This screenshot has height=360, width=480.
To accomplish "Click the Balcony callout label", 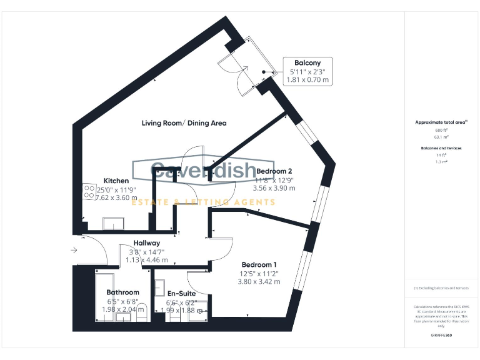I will tap(307, 62).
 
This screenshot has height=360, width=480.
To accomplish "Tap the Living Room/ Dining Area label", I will tap(184, 123).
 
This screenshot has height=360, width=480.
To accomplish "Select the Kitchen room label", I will tap(116, 181).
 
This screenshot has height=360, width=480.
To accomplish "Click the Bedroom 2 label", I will tap(274, 171).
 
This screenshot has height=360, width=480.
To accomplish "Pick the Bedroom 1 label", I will tap(258, 264).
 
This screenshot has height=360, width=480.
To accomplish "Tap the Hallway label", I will tap(147, 243).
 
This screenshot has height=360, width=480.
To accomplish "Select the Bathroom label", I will tap(122, 292).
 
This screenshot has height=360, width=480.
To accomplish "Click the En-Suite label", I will tap(181, 293).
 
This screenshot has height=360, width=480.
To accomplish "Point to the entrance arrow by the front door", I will tap(74, 251).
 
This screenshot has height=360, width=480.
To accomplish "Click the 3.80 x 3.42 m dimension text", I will tap(259, 282).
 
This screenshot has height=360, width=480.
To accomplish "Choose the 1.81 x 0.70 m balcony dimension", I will tap(307, 80).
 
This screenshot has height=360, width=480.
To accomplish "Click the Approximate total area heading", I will tap(441, 122).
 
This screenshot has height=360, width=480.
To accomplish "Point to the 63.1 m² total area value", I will tap(442, 136).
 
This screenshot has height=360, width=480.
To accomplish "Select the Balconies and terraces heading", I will tap(442, 148).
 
